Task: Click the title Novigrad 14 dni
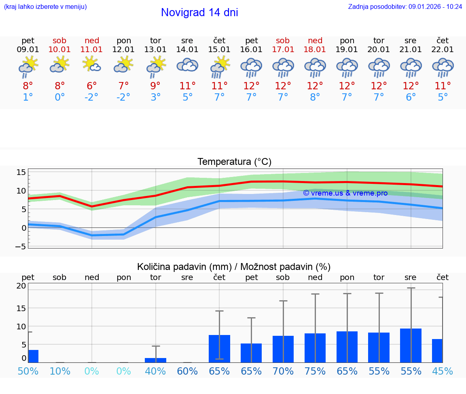(x=199, y=13)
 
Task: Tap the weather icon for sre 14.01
(x=187, y=65)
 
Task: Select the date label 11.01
(x=92, y=50)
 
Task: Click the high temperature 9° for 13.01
(x=155, y=86)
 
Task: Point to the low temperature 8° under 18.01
(x=315, y=97)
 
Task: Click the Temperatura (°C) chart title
(x=234, y=162)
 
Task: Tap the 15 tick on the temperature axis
(x=21, y=173)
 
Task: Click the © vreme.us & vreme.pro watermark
(x=345, y=193)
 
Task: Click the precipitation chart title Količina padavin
(x=234, y=267)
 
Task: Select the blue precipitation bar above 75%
(x=315, y=348)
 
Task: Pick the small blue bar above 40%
(x=155, y=360)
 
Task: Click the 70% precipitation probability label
(x=283, y=371)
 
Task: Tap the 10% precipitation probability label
(x=60, y=371)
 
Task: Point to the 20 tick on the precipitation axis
(x=21, y=286)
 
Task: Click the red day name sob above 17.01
(x=283, y=41)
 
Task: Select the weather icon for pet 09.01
(x=28, y=66)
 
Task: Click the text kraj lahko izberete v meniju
(x=45, y=6)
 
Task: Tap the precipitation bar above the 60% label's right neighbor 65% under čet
(x=219, y=349)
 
